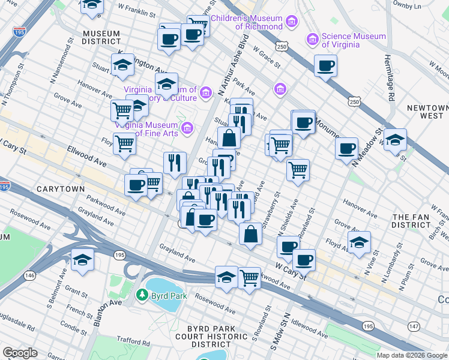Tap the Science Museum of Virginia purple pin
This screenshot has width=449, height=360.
(x=312, y=40)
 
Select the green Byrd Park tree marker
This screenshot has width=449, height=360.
(x=142, y=295)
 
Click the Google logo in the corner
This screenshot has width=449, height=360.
(x=20, y=353)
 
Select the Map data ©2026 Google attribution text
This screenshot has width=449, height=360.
(x=411, y=355)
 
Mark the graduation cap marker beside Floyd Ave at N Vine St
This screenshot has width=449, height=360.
(x=359, y=243)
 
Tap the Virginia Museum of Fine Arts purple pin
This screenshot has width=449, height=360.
(x=187, y=128)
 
